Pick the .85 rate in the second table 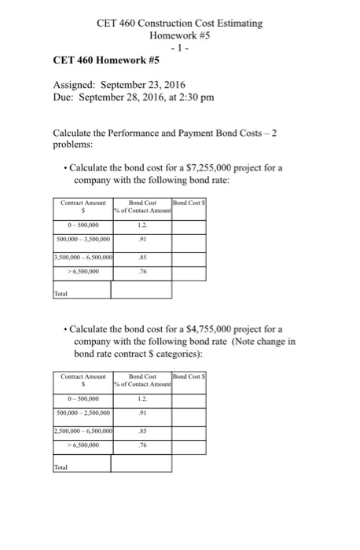[142, 431]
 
